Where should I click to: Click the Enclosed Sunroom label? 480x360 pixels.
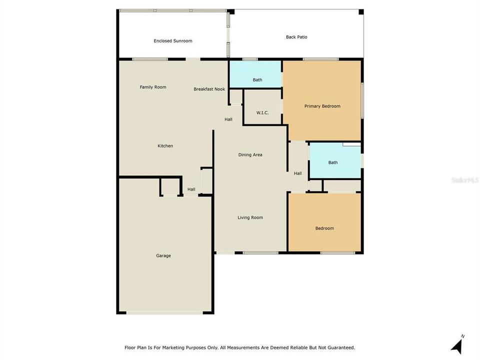[172, 41]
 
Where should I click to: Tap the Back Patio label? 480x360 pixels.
[296, 37]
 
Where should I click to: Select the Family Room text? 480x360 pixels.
[153, 87]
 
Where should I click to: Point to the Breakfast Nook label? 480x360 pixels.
[209, 89]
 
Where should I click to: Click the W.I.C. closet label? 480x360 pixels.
[262, 112]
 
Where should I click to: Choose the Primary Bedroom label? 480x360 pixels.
[322, 106]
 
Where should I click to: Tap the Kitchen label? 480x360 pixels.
[165, 146]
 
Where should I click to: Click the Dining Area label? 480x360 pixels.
[250, 155]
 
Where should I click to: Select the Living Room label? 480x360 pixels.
[250, 217]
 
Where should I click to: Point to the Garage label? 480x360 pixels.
[163, 255]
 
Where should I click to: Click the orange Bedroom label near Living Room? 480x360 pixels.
[324, 228]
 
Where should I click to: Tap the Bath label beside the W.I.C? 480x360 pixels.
[257, 80]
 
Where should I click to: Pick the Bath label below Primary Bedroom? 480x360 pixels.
[333, 162]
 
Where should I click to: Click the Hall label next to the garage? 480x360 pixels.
[191, 189]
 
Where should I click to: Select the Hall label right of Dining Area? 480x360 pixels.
[298, 173]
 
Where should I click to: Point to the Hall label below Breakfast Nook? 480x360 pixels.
[228, 119]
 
